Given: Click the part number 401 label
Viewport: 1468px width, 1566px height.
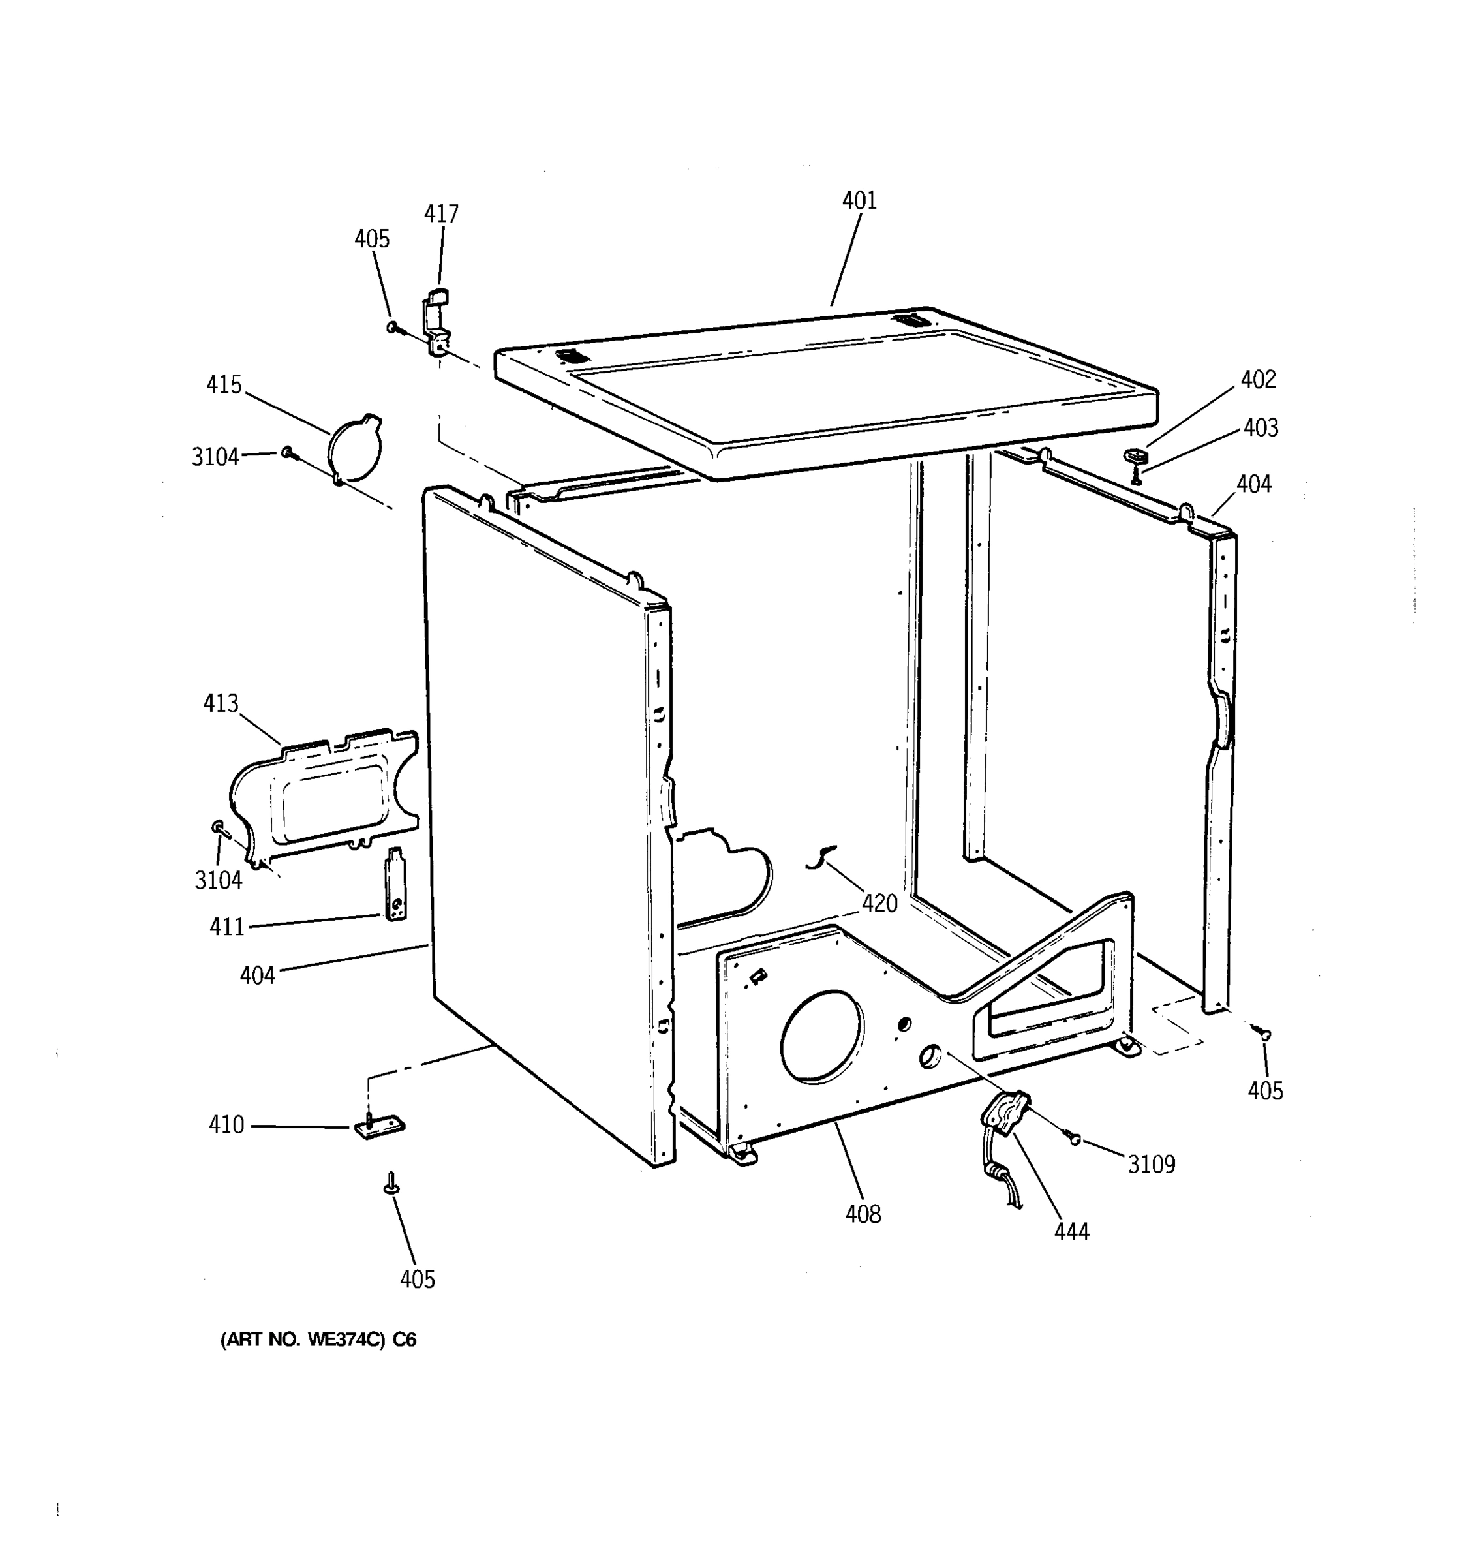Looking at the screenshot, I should coord(859,201).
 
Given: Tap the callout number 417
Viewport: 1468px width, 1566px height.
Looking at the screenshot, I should coord(441,214).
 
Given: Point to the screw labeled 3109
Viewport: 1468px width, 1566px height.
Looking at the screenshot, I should coord(1073,1137).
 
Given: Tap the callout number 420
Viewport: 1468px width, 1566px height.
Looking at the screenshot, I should coord(879,904).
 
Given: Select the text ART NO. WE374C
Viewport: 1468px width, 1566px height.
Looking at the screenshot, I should coord(317,1340).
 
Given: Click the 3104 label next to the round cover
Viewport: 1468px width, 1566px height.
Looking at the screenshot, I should coord(215,457).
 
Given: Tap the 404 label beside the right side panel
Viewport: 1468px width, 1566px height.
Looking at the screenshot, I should coord(1253,484).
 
